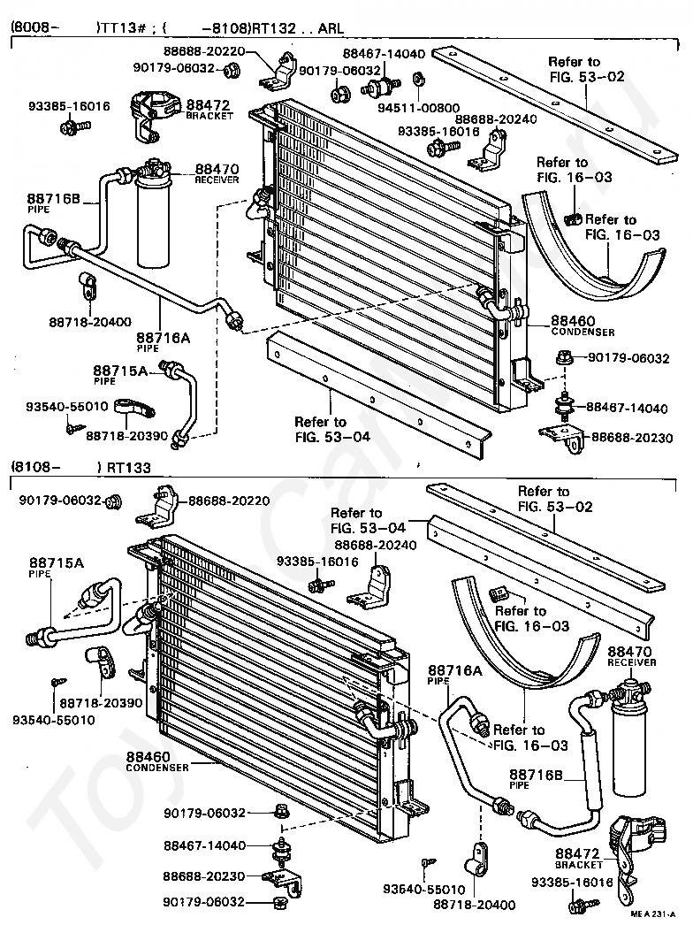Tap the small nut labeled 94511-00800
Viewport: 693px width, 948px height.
click(x=419, y=81)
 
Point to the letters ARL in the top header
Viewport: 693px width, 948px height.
click(x=324, y=27)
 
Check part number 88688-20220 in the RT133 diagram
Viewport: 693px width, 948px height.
click(x=229, y=501)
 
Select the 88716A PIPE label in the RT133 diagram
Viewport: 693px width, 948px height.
click(x=455, y=674)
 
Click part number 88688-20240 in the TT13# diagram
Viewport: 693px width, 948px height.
click(x=484, y=119)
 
